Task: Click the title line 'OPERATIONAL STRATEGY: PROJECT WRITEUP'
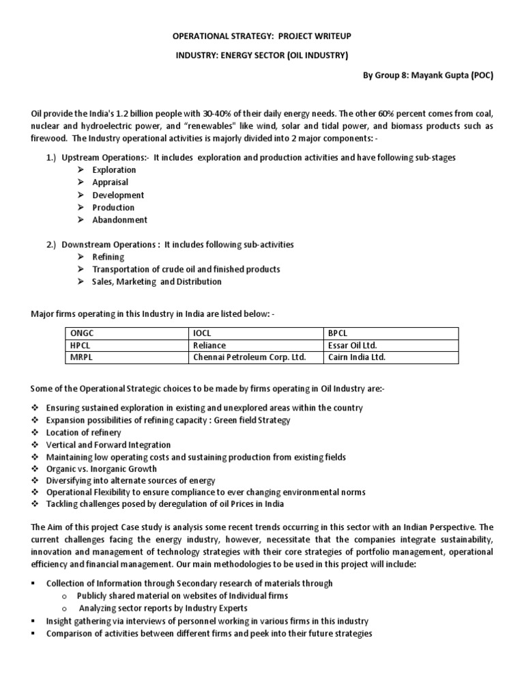[x=262, y=35]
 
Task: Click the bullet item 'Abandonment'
[x=119, y=220]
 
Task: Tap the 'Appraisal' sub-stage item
[x=110, y=182]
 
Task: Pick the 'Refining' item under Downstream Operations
[x=108, y=257]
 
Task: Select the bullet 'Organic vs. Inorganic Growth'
[x=101, y=469]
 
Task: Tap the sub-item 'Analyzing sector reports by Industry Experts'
[x=163, y=608]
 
